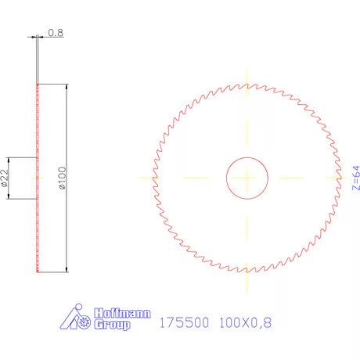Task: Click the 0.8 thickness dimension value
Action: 56,33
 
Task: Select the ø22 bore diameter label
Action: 5,178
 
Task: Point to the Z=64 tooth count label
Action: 355,178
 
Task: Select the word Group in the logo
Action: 113,325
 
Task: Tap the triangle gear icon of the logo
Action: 74,320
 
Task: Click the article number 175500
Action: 184,322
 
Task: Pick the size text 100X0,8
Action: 246,322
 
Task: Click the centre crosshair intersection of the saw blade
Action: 247,178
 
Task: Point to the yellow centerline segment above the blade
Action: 247,74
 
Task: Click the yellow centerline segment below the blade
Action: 247,281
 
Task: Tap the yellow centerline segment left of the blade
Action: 146,178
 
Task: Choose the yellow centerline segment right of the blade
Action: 349,178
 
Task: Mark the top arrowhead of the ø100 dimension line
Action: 66,87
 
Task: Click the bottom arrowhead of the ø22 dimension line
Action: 9,197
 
